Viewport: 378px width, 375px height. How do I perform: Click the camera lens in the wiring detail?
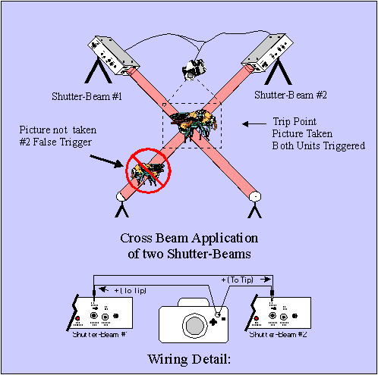pos(195,325)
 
